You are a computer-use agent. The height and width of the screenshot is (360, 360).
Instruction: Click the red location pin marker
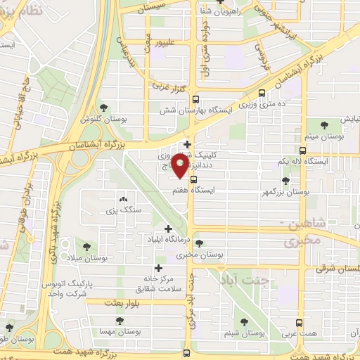pyautogui.click(x=181, y=166)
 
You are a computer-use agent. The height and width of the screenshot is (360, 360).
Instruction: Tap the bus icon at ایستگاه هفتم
pyautogui.click(x=193, y=188)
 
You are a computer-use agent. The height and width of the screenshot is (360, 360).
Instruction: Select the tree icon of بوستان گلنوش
pyautogui.click(x=104, y=108)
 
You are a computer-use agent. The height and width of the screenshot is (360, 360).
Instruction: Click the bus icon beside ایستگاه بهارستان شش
pyautogui.click(x=195, y=99)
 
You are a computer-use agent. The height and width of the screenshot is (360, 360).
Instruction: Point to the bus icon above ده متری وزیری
pyautogui.click(x=262, y=92)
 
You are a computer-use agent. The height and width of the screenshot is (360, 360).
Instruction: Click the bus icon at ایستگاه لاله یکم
pyautogui.click(x=302, y=150)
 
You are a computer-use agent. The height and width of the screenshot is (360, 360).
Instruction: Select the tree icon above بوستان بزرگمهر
pyautogui.click(x=285, y=181)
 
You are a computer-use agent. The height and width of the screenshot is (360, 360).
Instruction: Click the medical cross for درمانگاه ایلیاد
pyautogui.click(x=167, y=229)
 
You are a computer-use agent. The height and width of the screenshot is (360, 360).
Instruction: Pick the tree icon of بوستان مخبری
pyautogui.click(x=199, y=243)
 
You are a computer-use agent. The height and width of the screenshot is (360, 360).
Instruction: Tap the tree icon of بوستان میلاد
pyautogui.click(x=86, y=247)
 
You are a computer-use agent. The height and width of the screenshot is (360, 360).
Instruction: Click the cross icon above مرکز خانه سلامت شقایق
pyautogui.click(x=158, y=267)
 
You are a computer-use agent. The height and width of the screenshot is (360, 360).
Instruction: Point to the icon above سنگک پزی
pyautogui.click(x=124, y=200)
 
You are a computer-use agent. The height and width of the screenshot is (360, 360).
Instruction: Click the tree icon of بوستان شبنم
pyautogui.click(x=244, y=322)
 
